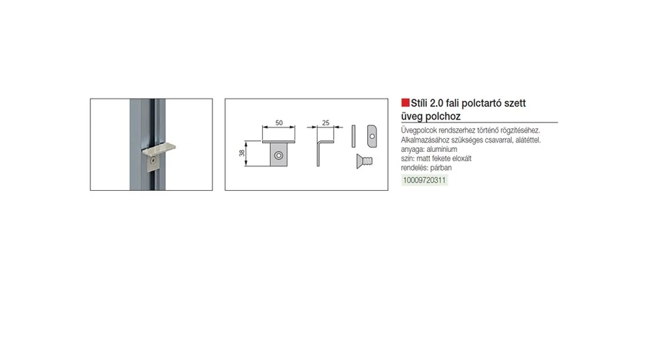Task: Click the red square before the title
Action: pos(405,102)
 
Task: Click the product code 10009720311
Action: pos(424,180)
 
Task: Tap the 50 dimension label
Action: pos(279,122)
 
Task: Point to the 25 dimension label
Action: pos(325,122)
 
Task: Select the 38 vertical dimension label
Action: pos(242,153)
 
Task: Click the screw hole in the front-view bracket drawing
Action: pos(279,156)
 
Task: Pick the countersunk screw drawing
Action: pos(364,161)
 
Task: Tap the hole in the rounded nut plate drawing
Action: pos(372,136)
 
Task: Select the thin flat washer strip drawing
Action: pos(354,136)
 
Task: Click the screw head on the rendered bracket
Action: pos(153,160)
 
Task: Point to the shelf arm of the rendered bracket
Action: pos(158,148)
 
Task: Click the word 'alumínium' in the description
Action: pos(442,149)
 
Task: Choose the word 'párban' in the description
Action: pos(441,168)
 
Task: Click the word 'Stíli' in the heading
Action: pos(420,103)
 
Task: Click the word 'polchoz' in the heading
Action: pos(443,116)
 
